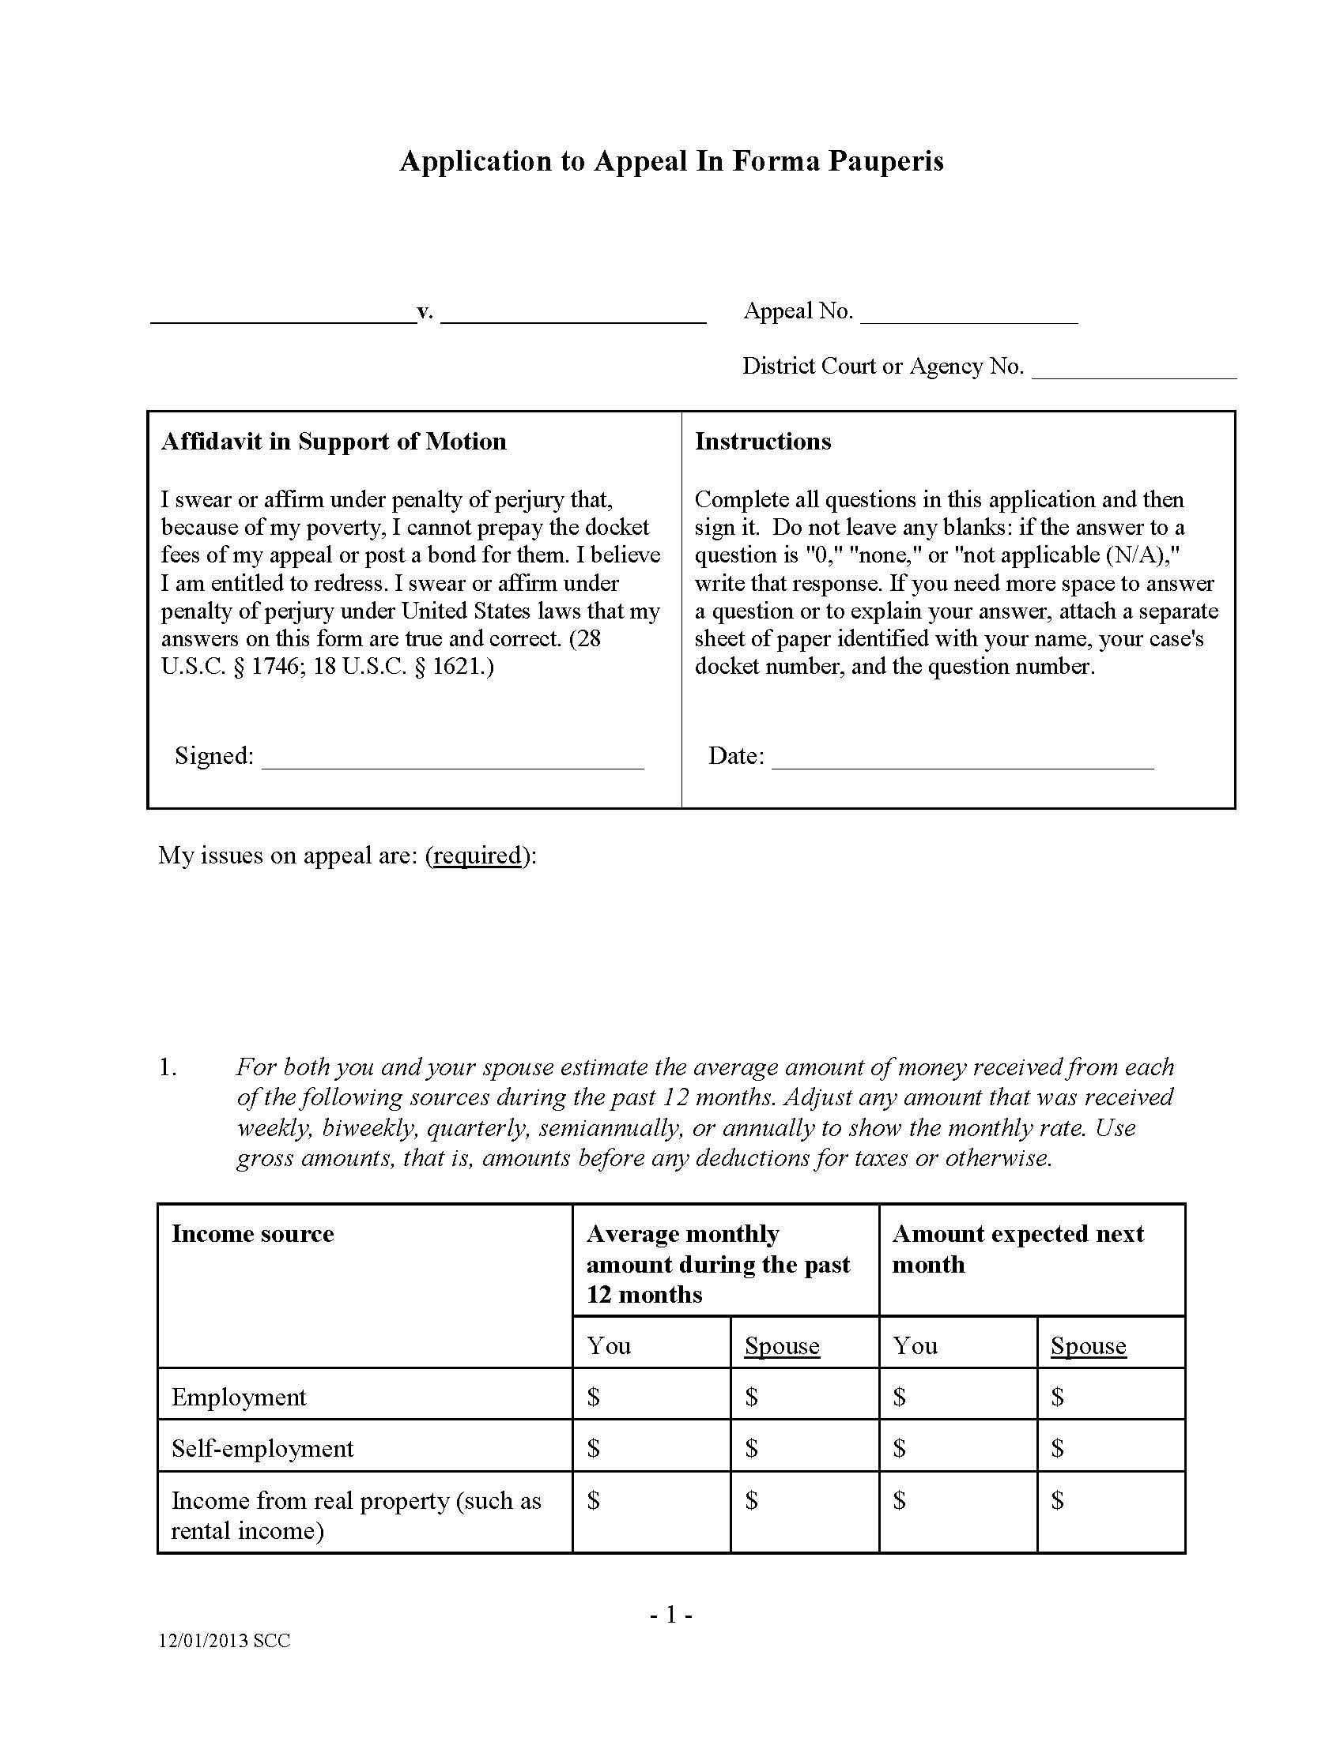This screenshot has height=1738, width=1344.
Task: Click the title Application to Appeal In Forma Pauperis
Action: point(671,161)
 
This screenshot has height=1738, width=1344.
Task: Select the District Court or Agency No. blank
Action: point(1133,368)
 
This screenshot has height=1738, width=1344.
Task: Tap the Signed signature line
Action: point(451,758)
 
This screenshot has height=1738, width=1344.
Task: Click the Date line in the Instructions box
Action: point(962,758)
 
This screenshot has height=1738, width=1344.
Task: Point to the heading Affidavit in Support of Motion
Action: point(334,442)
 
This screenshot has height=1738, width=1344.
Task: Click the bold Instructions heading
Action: point(763,442)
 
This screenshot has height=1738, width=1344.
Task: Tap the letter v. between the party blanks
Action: point(425,311)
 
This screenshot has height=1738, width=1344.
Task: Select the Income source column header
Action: point(252,1234)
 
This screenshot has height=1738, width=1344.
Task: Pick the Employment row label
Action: point(239,1398)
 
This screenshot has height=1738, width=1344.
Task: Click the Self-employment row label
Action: point(262,1448)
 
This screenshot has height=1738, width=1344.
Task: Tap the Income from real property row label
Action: point(355,1515)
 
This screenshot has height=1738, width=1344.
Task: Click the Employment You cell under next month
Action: point(957,1397)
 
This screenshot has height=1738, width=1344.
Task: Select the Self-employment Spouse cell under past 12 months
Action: point(803,1448)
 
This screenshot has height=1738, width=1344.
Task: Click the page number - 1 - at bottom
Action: point(671,1615)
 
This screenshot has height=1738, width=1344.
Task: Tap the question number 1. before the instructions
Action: point(167,1068)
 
